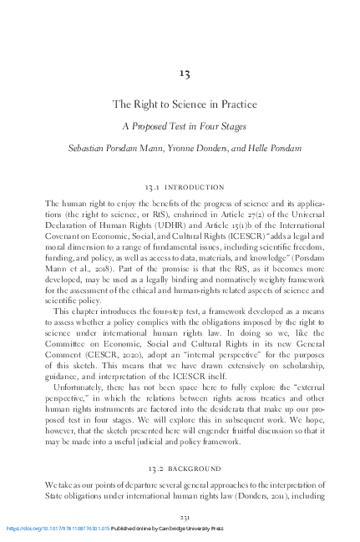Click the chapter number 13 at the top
[x=185, y=73]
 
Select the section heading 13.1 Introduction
[x=185, y=189]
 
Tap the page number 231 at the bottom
[x=185, y=518]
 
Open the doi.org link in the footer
[x=58, y=529]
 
